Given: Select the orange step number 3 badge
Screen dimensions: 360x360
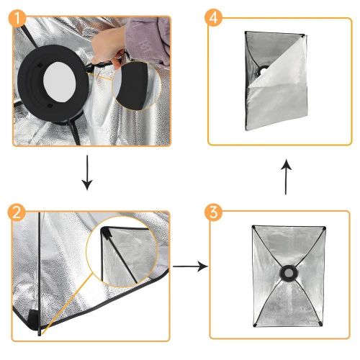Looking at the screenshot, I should (215, 214).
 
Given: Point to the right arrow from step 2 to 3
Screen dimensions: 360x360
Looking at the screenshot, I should (190, 266).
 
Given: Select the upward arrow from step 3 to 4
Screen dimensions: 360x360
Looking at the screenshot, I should (286, 177).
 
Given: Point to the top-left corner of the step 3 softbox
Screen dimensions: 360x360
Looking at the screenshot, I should (253, 229).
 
